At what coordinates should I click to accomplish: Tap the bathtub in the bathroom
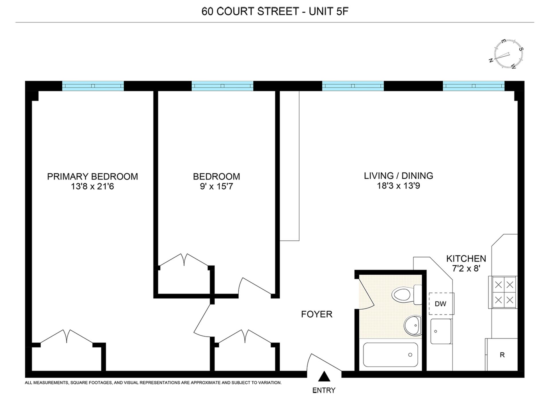[390, 355]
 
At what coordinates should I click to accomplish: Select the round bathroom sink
[413, 325]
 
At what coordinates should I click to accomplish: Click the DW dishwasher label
[440, 304]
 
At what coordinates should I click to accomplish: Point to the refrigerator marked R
[502, 355]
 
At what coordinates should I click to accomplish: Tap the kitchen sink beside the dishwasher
[441, 331]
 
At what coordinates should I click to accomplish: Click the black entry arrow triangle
[324, 377]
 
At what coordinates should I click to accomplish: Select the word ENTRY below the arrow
[324, 390]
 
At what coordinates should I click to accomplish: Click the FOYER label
[317, 314]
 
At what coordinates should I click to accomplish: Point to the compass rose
[508, 54]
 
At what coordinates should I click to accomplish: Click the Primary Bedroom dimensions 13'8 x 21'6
[92, 187]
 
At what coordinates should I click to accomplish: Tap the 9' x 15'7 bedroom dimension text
[216, 187]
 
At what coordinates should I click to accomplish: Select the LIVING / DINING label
[398, 176]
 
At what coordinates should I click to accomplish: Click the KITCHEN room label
[466, 259]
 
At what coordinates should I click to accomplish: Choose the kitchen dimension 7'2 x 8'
[466, 268]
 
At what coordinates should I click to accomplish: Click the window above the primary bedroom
[93, 86]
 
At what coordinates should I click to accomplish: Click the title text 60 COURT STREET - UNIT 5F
[275, 11]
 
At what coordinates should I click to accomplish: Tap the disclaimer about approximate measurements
[153, 383]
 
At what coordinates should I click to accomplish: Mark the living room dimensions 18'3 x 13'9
[398, 186]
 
